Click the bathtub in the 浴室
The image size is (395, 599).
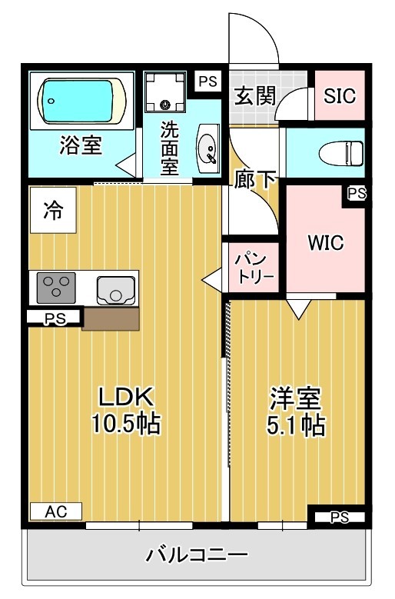[81, 99]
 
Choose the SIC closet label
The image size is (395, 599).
[339, 96]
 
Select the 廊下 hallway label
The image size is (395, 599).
[256, 180]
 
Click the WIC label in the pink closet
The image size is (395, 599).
[325, 243]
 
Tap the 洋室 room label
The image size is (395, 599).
[295, 398]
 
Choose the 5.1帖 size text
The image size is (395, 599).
[295, 424]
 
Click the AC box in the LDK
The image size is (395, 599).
[55, 511]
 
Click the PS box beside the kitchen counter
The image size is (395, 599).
[54, 318]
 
